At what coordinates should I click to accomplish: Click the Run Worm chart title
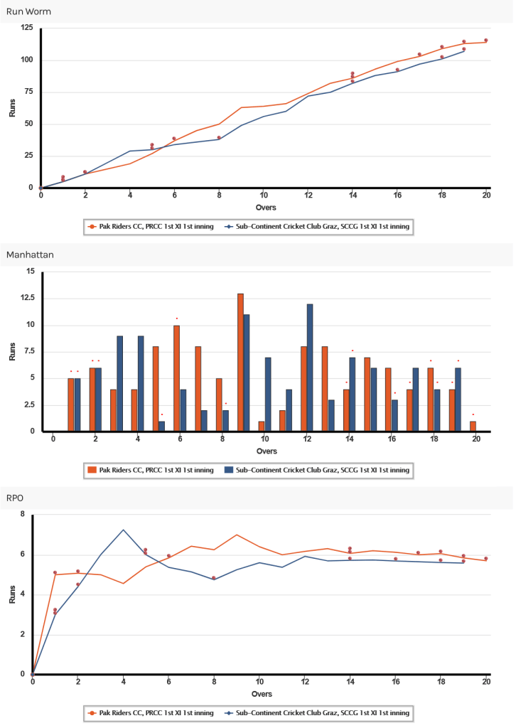(28, 11)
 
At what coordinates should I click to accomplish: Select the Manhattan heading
(30, 255)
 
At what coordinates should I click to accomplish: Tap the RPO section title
(15, 498)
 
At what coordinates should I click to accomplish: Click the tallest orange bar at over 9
(240, 363)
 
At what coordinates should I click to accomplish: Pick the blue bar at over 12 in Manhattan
(310, 368)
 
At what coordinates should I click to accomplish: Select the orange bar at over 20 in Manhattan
(473, 427)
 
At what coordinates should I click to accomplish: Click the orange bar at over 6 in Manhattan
(177, 378)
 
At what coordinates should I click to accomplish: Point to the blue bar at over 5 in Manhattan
(162, 427)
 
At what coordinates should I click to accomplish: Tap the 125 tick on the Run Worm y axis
(27, 28)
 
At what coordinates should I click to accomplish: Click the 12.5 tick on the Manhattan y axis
(28, 298)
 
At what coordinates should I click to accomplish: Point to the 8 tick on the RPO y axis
(23, 514)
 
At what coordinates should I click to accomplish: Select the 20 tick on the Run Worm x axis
(486, 196)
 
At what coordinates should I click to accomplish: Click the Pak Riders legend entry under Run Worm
(151, 227)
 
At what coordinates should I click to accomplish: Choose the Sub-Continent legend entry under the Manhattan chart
(317, 470)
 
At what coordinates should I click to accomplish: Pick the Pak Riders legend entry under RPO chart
(151, 712)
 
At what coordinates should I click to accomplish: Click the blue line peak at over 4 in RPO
(124, 530)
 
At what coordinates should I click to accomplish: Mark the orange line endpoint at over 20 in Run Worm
(486, 42)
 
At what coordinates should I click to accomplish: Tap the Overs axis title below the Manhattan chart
(267, 451)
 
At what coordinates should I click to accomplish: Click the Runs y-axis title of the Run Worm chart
(12, 108)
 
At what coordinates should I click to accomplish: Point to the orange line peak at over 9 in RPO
(237, 535)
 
